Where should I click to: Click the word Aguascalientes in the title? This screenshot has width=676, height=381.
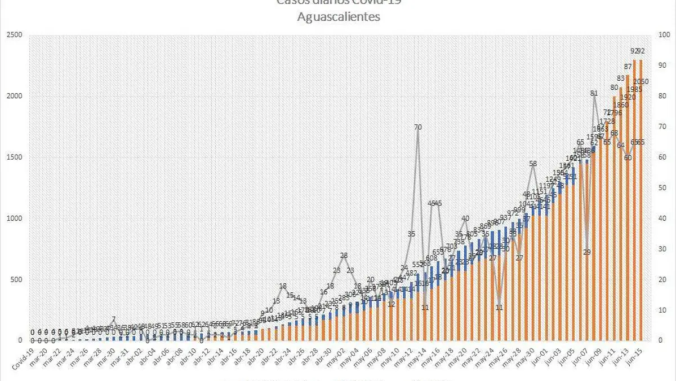339,17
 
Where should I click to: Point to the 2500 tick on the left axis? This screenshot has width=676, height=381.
15,35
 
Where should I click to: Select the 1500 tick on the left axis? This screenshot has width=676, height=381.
15,157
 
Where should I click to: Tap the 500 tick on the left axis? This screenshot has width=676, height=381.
17,279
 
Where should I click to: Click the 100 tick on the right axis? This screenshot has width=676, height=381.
663,35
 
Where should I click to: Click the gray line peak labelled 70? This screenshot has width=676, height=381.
418,128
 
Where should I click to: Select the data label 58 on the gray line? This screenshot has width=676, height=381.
533,164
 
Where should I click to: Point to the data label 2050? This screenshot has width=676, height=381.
641,82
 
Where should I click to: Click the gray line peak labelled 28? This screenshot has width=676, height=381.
344,256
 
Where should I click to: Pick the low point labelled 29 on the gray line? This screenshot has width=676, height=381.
587,252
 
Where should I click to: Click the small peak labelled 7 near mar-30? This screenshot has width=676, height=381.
114,319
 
